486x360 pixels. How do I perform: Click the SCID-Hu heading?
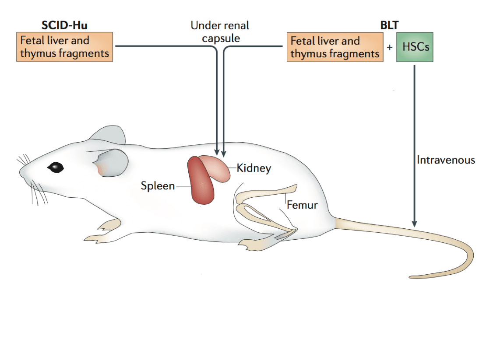pyautogui.click(x=64, y=25)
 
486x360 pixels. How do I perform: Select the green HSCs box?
pyautogui.click(x=415, y=47)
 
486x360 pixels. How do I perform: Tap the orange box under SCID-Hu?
pyautogui.click(x=64, y=47)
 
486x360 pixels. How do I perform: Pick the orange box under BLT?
pyautogui.click(x=335, y=47)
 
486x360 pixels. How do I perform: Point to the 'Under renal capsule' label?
pyautogui.click(x=219, y=31)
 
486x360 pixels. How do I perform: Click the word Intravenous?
pyautogui.click(x=446, y=160)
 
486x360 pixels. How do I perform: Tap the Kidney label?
pyautogui.click(x=254, y=168)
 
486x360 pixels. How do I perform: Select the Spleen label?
pyautogui.click(x=158, y=186)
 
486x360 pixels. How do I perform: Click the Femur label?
pyautogui.click(x=302, y=205)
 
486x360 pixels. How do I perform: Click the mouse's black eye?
pyautogui.click(x=56, y=167)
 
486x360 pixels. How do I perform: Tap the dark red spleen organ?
pyautogui.click(x=201, y=182)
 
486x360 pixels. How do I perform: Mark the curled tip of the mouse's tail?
pyautogui.click(x=414, y=276)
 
